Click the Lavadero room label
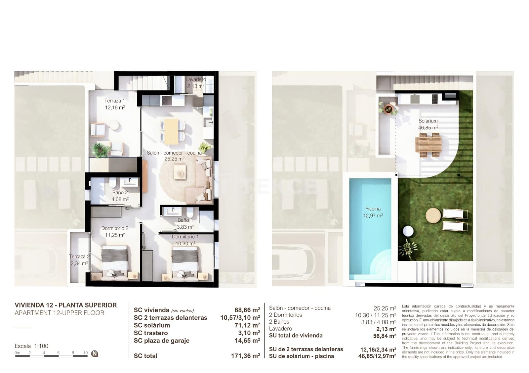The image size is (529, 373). (x=195, y=79)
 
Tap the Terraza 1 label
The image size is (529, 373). (x=114, y=101)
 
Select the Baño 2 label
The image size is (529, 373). (x=120, y=192)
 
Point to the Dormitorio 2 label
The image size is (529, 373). (x=115, y=228)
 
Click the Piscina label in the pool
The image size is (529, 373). (x=373, y=209)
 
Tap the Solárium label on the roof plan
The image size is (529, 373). (x=428, y=121)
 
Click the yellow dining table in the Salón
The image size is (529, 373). (x=171, y=131)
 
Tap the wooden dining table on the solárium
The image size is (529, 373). (x=428, y=145)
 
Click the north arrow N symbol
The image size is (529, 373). (x=95, y=353)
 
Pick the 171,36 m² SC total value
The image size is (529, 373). (x=245, y=356)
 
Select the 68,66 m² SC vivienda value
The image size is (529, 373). (x=247, y=310)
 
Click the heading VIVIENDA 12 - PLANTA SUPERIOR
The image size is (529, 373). (x=65, y=305)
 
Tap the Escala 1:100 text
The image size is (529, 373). (x=31, y=346)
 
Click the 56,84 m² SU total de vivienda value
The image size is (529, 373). (x=384, y=336)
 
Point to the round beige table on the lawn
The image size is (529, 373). (x=433, y=215)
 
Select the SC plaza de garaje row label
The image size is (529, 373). (x=161, y=341)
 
